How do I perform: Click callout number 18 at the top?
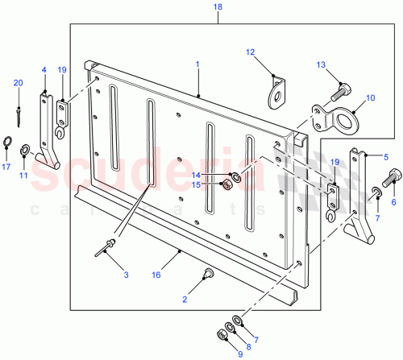pos(194,7)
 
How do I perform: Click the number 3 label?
pos(126,275)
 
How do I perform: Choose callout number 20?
pos(18,84)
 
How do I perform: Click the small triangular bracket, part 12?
pos(276,91)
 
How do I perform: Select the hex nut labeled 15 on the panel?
pos(227,185)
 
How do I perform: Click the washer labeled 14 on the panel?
pos(233,176)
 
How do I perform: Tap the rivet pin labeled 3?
pos(106,247)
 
